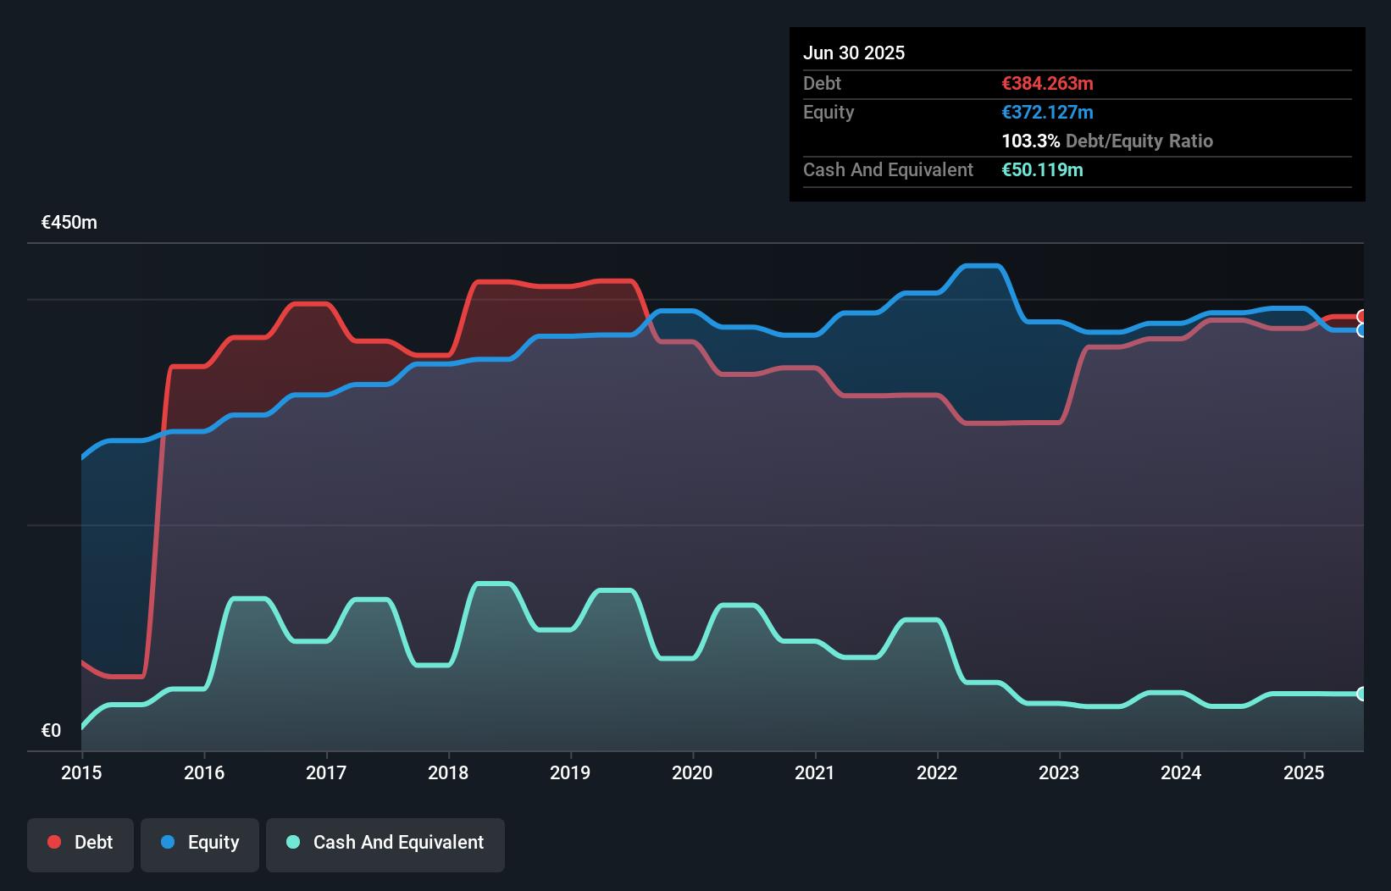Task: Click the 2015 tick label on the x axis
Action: click(81, 772)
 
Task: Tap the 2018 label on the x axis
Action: click(448, 772)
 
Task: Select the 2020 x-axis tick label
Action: click(692, 772)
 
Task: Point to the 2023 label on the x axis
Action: click(1059, 772)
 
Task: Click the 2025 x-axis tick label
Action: click(1304, 772)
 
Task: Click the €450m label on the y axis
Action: click(69, 223)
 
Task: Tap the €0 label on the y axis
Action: click(51, 730)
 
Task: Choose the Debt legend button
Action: click(80, 843)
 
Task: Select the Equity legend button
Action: click(200, 843)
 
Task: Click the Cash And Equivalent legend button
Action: click(385, 843)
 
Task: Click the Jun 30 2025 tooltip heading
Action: click(854, 53)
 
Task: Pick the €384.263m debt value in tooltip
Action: click(1047, 83)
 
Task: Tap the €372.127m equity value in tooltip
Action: click(1047, 112)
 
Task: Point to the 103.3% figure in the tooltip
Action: click(1030, 141)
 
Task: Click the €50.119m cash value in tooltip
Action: click(1042, 169)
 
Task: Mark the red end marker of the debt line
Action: click(1362, 317)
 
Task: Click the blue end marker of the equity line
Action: click(1362, 330)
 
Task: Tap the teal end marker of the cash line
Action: click(1362, 694)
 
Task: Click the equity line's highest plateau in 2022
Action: click(983, 266)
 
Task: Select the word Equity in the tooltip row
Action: click(829, 112)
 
